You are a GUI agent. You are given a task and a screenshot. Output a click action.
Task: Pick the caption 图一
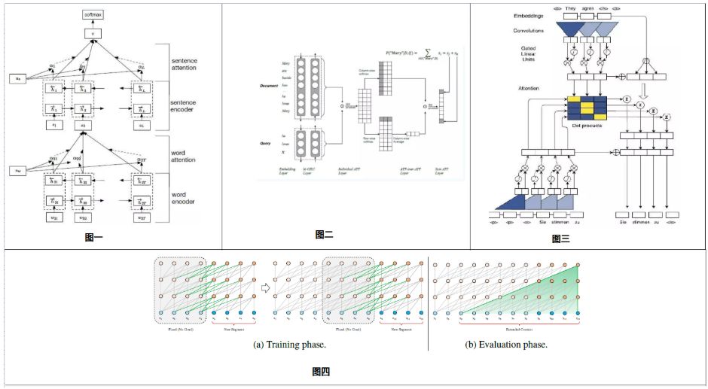(94, 238)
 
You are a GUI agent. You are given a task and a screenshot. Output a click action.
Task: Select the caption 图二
(324, 235)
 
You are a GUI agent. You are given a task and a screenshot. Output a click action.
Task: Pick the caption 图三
(560, 239)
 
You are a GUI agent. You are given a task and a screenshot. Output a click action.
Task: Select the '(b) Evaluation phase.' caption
(505, 345)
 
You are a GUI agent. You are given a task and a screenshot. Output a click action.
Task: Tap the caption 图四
(321, 371)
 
